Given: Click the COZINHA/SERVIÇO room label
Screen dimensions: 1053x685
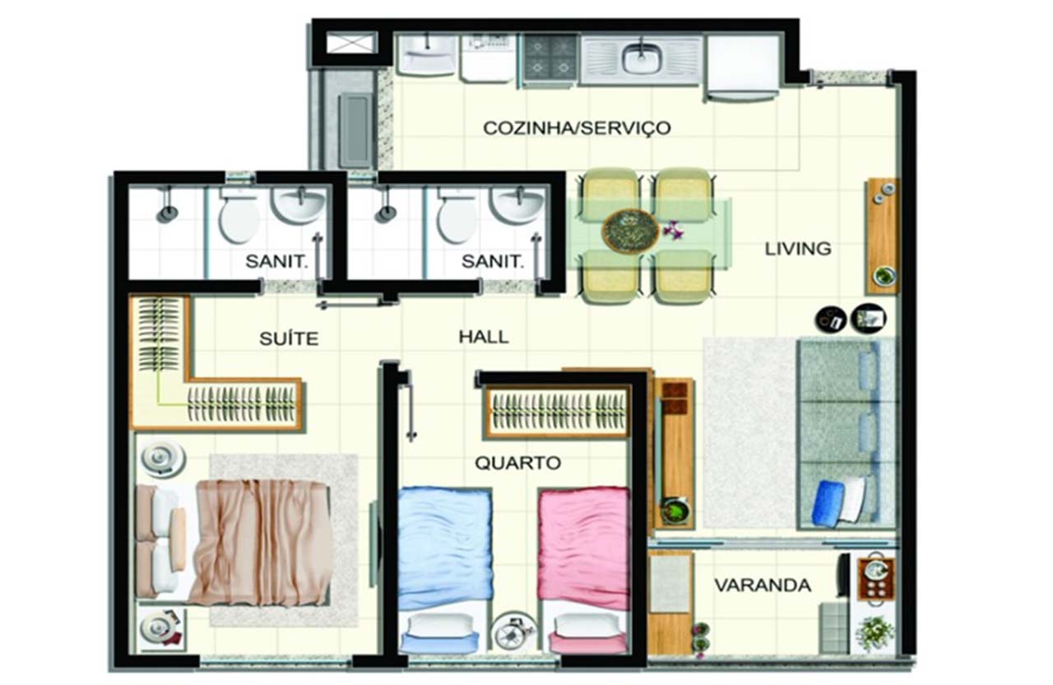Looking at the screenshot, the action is tap(577, 128).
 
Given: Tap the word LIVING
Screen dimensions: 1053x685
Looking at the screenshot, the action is tap(798, 249).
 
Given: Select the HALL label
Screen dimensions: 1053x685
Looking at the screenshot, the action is tap(484, 337).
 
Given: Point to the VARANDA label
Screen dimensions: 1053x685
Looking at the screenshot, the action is tap(763, 585).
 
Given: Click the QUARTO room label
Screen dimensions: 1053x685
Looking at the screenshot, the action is tap(517, 464).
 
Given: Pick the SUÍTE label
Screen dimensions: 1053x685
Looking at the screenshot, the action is tap(289, 338).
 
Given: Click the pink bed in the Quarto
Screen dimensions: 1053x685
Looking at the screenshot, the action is tap(583, 571).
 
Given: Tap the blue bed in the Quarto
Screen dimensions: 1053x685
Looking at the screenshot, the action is tap(444, 571).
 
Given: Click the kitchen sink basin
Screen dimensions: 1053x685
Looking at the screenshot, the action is tap(641, 58).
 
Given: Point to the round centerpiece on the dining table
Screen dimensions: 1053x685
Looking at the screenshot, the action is tap(630, 231).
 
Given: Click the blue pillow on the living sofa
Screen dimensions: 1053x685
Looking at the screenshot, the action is tap(827, 501).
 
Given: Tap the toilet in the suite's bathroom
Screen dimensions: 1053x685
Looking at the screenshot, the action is tap(239, 217).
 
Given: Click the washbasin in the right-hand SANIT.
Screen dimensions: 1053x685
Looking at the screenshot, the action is tap(517, 205).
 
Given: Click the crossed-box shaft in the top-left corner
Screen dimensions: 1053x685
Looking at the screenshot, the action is tap(351, 43).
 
